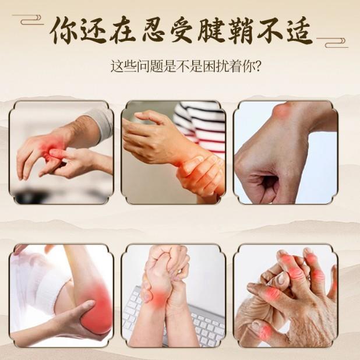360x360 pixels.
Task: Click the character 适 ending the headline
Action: (299, 30)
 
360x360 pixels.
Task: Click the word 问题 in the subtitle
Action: (150, 66)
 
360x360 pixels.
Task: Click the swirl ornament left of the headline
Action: (28, 20)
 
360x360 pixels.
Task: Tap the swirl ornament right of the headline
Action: (332, 43)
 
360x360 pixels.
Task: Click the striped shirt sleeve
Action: (202, 126)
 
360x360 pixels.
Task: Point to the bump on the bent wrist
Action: (282, 110)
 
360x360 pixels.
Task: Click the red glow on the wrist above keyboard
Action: (159, 297)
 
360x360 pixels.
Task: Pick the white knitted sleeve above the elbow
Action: (41, 283)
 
